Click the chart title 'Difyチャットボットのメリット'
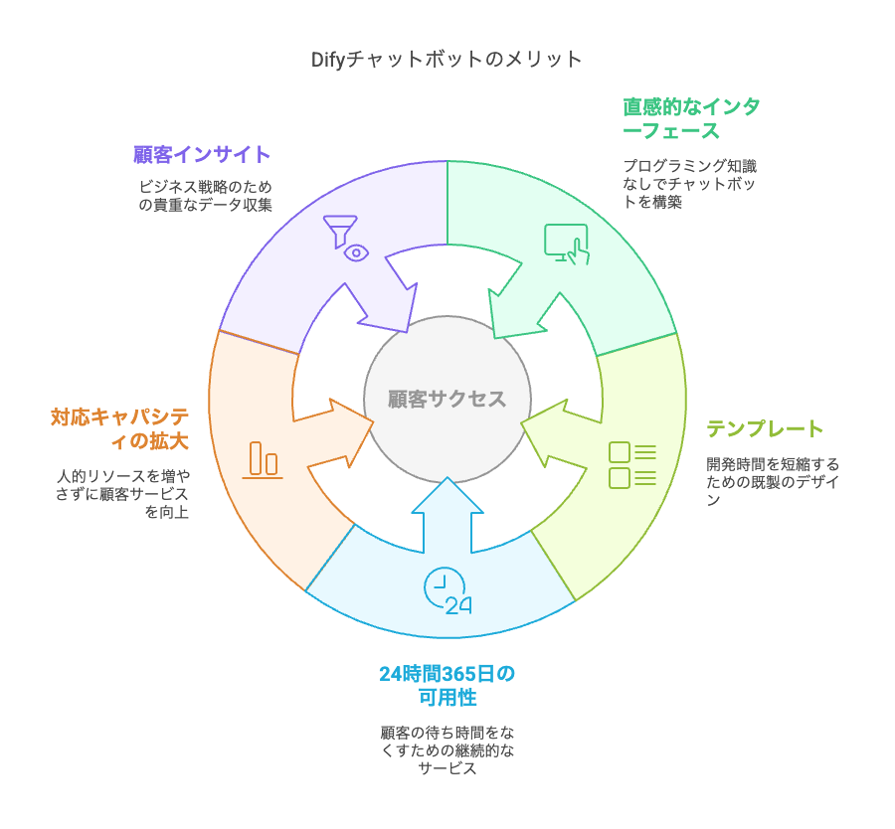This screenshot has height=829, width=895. point(447,60)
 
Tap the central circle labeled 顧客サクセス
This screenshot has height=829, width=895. point(447,399)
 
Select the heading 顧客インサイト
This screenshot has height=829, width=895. point(202,154)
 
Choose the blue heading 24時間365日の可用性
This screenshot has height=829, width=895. point(447,686)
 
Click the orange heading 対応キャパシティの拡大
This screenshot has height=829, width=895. point(119,427)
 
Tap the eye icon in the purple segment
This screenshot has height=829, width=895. point(356,252)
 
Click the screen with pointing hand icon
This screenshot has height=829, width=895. point(566,245)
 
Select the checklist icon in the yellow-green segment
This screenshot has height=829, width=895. point(631,464)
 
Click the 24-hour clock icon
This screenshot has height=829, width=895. point(447,592)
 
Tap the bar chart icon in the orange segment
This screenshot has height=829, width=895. point(263,459)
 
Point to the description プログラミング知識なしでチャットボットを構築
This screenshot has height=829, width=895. point(689,184)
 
